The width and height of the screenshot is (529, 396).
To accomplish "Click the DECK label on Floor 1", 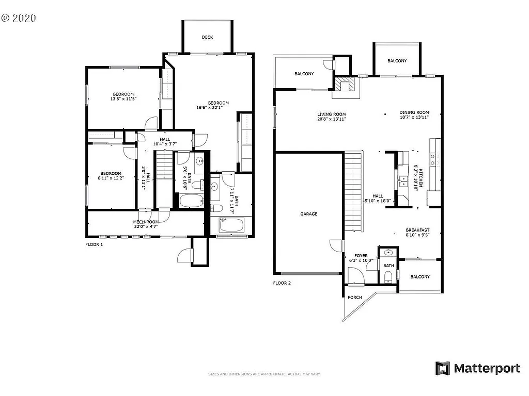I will click(x=207, y=37).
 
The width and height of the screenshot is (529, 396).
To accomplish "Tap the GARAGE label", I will click(x=309, y=213).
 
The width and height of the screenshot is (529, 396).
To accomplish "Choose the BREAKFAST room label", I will click(x=417, y=230).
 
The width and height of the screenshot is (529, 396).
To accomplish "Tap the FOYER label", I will click(x=361, y=255).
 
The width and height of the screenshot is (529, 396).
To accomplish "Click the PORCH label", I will click(x=354, y=298).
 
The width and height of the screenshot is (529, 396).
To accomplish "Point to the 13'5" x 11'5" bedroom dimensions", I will click(x=123, y=99).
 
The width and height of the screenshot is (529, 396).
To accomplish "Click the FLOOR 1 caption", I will click(x=94, y=244).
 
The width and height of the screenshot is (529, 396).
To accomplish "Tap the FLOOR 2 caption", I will click(x=282, y=283).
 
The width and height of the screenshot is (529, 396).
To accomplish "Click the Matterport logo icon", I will click(x=443, y=368).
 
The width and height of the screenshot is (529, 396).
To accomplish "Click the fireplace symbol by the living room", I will click(x=344, y=85).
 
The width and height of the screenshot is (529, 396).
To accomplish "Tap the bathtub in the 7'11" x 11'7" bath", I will click(x=231, y=226).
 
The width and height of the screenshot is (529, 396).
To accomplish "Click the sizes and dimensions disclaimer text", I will click(x=264, y=374).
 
